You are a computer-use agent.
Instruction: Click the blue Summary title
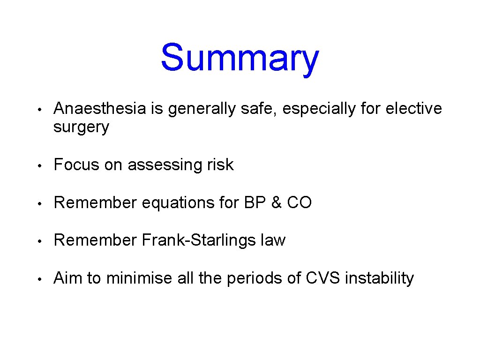point(240,58)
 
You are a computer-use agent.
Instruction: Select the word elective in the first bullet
point(413,109)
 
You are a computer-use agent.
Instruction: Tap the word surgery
point(81,127)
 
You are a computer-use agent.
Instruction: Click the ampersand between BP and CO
point(274,202)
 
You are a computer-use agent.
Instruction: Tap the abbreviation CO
point(299,202)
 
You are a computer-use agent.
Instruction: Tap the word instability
point(379,278)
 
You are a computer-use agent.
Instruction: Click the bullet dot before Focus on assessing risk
point(41,166)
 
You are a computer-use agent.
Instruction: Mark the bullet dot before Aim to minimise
point(41,279)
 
